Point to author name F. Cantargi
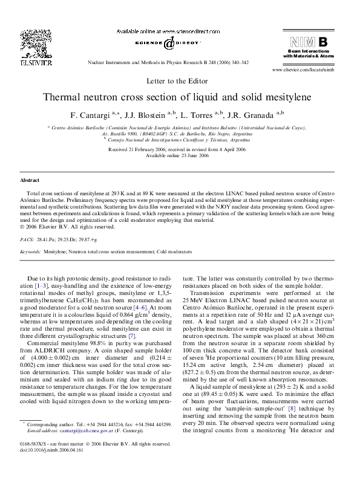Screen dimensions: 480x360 pos(91,114)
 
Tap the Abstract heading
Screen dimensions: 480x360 pos(30,180)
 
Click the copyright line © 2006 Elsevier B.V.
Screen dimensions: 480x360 pos(68,227)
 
